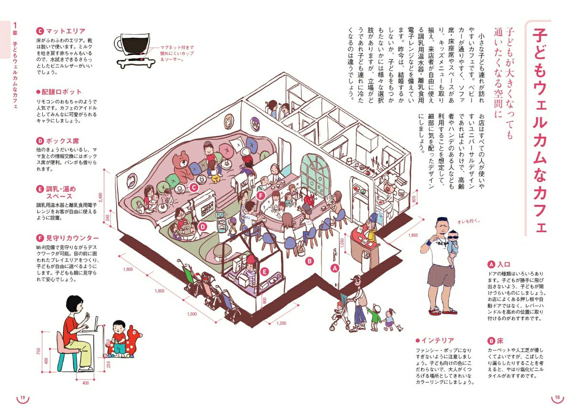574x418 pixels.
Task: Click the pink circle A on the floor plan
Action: coord(335,268)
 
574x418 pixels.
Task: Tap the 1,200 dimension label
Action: coord(281,323)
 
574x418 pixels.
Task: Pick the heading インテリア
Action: coord(437,341)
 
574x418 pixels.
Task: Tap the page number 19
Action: coord(22,398)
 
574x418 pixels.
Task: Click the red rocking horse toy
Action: coord(128,342)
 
